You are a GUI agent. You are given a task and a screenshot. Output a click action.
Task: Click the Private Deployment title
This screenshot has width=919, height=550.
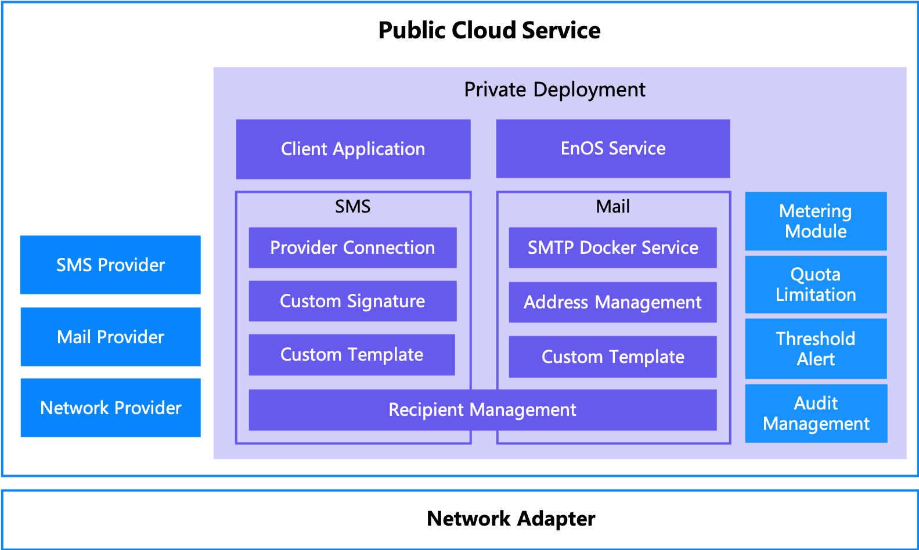554,89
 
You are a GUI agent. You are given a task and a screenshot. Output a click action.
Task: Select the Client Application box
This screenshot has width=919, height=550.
353,149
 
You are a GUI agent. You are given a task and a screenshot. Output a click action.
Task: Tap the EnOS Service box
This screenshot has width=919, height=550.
612,149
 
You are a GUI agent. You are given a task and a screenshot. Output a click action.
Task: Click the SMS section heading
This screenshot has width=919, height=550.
352,206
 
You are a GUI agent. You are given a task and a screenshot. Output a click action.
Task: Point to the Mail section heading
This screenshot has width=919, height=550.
612,206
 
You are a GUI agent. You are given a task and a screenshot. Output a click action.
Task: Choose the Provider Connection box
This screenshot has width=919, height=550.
352,248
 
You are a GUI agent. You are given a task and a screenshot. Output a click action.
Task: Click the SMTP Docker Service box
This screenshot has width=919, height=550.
612,248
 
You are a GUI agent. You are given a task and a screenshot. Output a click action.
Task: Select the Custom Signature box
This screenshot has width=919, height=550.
352,301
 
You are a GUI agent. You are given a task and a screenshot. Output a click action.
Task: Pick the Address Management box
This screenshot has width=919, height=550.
612,303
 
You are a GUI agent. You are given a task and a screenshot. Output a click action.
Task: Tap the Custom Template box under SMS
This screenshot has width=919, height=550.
352,355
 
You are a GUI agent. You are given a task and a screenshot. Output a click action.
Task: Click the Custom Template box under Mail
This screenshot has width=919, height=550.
612,357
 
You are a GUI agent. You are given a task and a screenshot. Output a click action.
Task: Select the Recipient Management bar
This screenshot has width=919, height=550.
482,410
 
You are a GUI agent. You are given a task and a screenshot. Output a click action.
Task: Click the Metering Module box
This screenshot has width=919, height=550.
816,221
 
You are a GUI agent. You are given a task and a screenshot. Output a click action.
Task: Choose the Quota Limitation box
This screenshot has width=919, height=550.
816,285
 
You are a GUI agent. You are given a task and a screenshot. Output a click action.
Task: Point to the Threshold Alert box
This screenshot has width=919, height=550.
816,348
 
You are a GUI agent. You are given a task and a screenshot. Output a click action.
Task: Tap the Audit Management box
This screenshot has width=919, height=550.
816,414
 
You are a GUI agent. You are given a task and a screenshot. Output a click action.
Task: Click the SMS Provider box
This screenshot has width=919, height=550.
110,265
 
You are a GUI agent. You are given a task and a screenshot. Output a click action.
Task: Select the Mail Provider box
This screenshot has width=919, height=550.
110,337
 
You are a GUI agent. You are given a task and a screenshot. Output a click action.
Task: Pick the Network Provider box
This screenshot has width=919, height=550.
110,408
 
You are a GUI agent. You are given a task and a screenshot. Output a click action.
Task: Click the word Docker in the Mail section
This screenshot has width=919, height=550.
608,248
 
